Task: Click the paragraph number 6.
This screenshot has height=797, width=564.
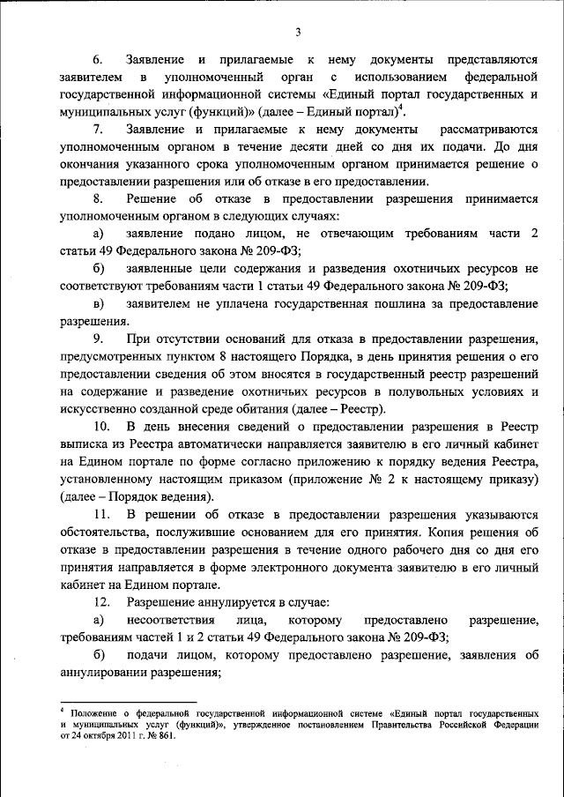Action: [99, 60]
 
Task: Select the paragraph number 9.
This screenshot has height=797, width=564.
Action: [99, 340]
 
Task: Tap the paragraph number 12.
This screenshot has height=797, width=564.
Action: [102, 601]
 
